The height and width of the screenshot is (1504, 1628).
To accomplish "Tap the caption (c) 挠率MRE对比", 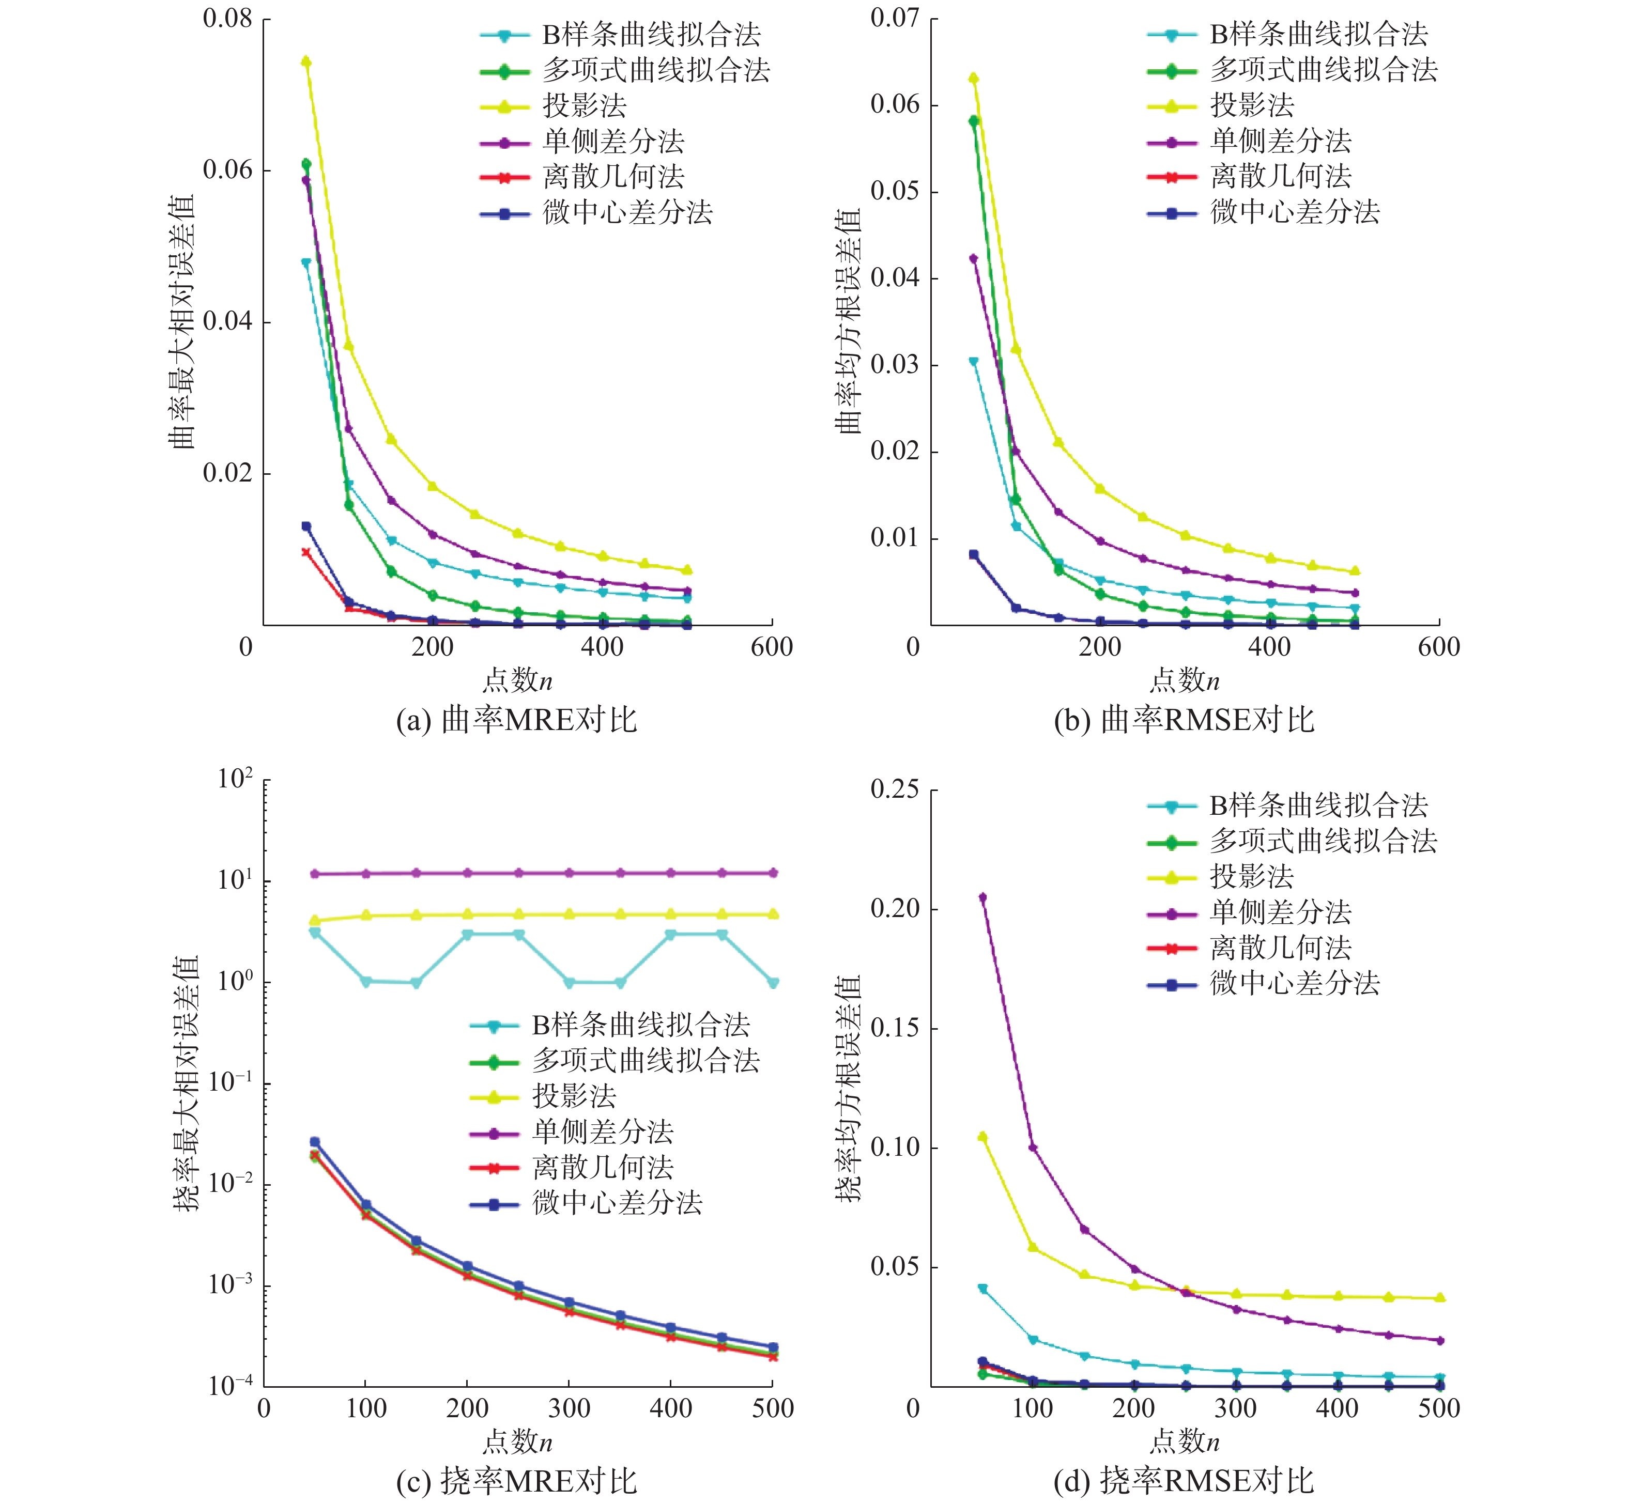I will pos(516,1481).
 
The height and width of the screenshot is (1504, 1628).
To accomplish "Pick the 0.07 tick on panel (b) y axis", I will pos(895,18).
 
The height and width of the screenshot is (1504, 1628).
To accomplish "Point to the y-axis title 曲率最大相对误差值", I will pos(182,321).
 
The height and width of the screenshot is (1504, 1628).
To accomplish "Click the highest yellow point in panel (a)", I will pos(306,62).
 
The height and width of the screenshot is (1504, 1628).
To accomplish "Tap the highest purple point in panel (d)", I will pos(982,897).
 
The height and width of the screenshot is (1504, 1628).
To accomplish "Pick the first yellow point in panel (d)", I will pos(982,1136).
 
